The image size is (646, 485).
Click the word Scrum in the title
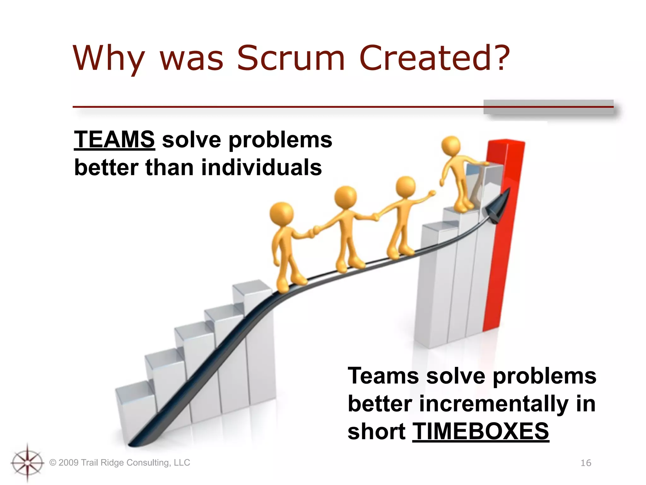coord(291,58)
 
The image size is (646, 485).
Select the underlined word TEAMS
coord(114,140)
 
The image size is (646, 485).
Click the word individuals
coord(261,167)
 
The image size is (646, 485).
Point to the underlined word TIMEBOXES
coord(480,431)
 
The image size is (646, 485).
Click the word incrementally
coord(494,404)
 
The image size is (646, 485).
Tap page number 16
coord(586,463)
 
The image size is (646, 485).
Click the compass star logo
coord(27,463)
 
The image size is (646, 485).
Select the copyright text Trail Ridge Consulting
coord(120,463)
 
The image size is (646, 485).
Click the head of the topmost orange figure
coord(451,146)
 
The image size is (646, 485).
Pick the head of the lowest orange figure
coord(281,213)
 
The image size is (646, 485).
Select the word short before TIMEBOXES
coord(376,431)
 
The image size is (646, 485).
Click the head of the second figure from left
coord(346,197)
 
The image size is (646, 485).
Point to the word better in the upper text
coord(106,167)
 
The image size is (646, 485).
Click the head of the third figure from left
coord(406,187)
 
